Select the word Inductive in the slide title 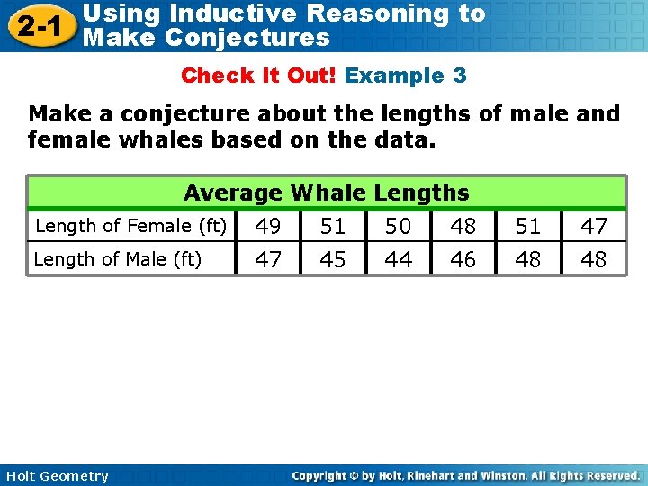(232, 13)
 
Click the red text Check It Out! (258, 76)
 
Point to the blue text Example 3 (406, 76)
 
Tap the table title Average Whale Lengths (326, 193)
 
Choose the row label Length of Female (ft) (130, 226)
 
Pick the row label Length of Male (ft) (117, 259)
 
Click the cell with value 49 (268, 226)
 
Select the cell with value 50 (398, 226)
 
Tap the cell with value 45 (333, 259)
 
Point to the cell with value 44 (398, 259)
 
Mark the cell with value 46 (463, 259)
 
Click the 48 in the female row (463, 226)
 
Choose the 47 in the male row (268, 259)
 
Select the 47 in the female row (593, 226)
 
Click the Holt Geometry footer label (56, 476)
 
